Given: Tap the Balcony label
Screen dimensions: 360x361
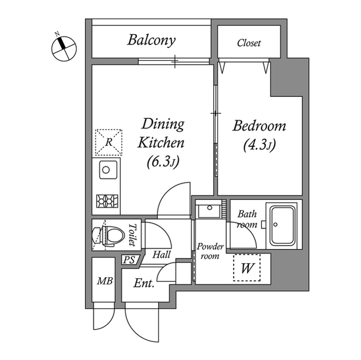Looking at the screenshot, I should tap(151, 41).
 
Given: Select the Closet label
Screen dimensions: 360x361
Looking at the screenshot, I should tap(249, 43).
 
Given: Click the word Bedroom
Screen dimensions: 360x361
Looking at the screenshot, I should tap(259, 126).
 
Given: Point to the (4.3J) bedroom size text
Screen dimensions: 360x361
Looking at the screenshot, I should tap(259, 146).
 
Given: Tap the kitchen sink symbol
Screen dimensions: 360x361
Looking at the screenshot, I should tap(107, 169).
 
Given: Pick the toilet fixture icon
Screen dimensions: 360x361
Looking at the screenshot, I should tap(109, 235).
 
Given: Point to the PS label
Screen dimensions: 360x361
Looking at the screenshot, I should tap(129, 261).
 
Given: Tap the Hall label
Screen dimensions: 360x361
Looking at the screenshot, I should tap(162, 255).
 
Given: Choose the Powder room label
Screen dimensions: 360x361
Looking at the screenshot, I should tap(210, 251).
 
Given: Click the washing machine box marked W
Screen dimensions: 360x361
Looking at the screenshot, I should tap(246, 268).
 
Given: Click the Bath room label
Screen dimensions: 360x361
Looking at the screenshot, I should tap(247, 219).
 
